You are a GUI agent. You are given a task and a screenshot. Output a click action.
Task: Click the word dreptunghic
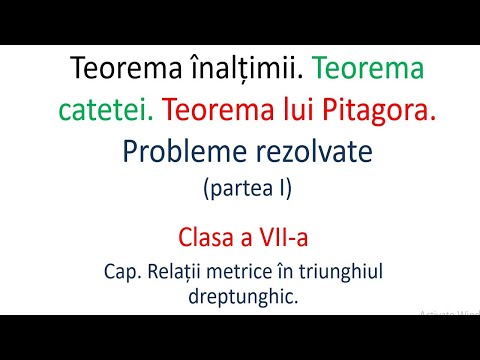pyautogui.click(x=239, y=296)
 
